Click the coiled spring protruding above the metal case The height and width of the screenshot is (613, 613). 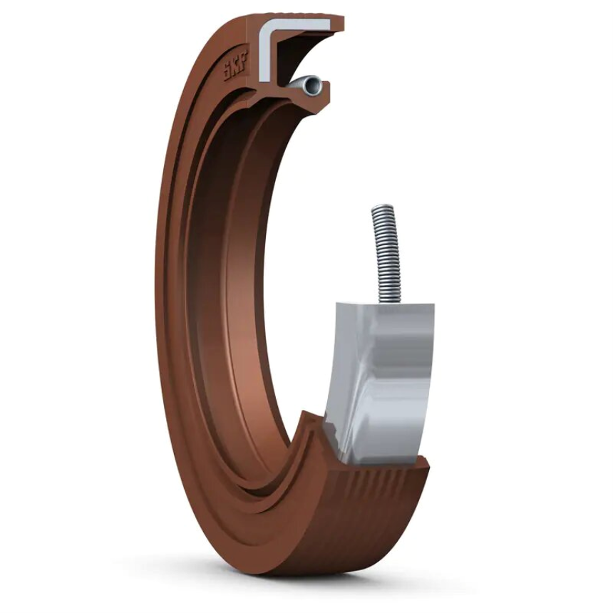pyautogui.click(x=385, y=249)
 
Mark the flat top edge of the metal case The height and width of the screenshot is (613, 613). pyautogui.click(x=385, y=305)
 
